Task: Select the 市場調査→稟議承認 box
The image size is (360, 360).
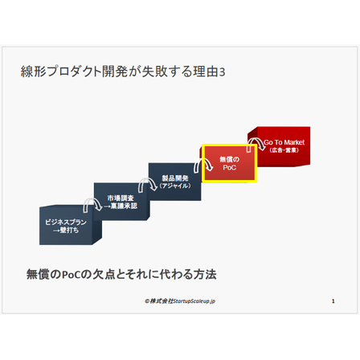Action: point(121,202)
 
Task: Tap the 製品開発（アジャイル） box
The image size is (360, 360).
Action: point(174,182)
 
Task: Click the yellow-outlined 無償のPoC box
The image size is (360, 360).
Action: point(230,163)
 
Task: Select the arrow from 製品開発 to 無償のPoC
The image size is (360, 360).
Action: point(203,162)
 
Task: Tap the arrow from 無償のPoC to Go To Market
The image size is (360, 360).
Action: point(256,141)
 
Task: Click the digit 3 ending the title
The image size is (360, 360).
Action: point(222,72)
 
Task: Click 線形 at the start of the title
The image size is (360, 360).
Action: point(34,72)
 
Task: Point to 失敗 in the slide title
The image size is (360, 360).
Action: point(154,72)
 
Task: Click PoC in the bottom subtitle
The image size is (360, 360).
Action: point(72,275)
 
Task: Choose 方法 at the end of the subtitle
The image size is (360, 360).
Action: point(205,274)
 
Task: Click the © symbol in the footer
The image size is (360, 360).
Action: point(147,301)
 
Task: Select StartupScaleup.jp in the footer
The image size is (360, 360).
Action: point(194,301)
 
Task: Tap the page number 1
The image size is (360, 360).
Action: point(333,301)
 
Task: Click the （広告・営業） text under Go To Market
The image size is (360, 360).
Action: point(284,150)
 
